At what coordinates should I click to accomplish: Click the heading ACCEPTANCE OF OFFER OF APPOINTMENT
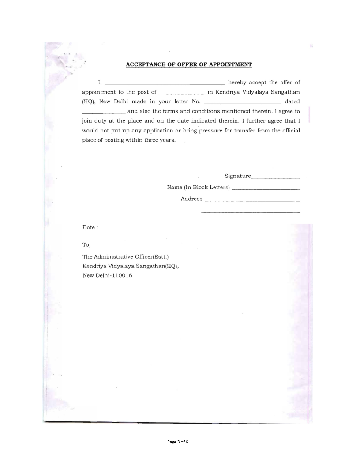coord(189,65)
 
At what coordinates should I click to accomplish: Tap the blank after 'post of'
coord(181,94)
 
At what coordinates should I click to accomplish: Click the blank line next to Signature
coord(276,178)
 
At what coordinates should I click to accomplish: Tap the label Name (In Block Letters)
coord(199,188)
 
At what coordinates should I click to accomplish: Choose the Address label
coord(191,199)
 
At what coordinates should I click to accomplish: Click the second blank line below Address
coord(251,213)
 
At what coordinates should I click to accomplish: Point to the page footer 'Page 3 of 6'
coord(180,442)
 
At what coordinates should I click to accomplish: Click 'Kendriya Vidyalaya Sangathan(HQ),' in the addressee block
coord(131,266)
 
